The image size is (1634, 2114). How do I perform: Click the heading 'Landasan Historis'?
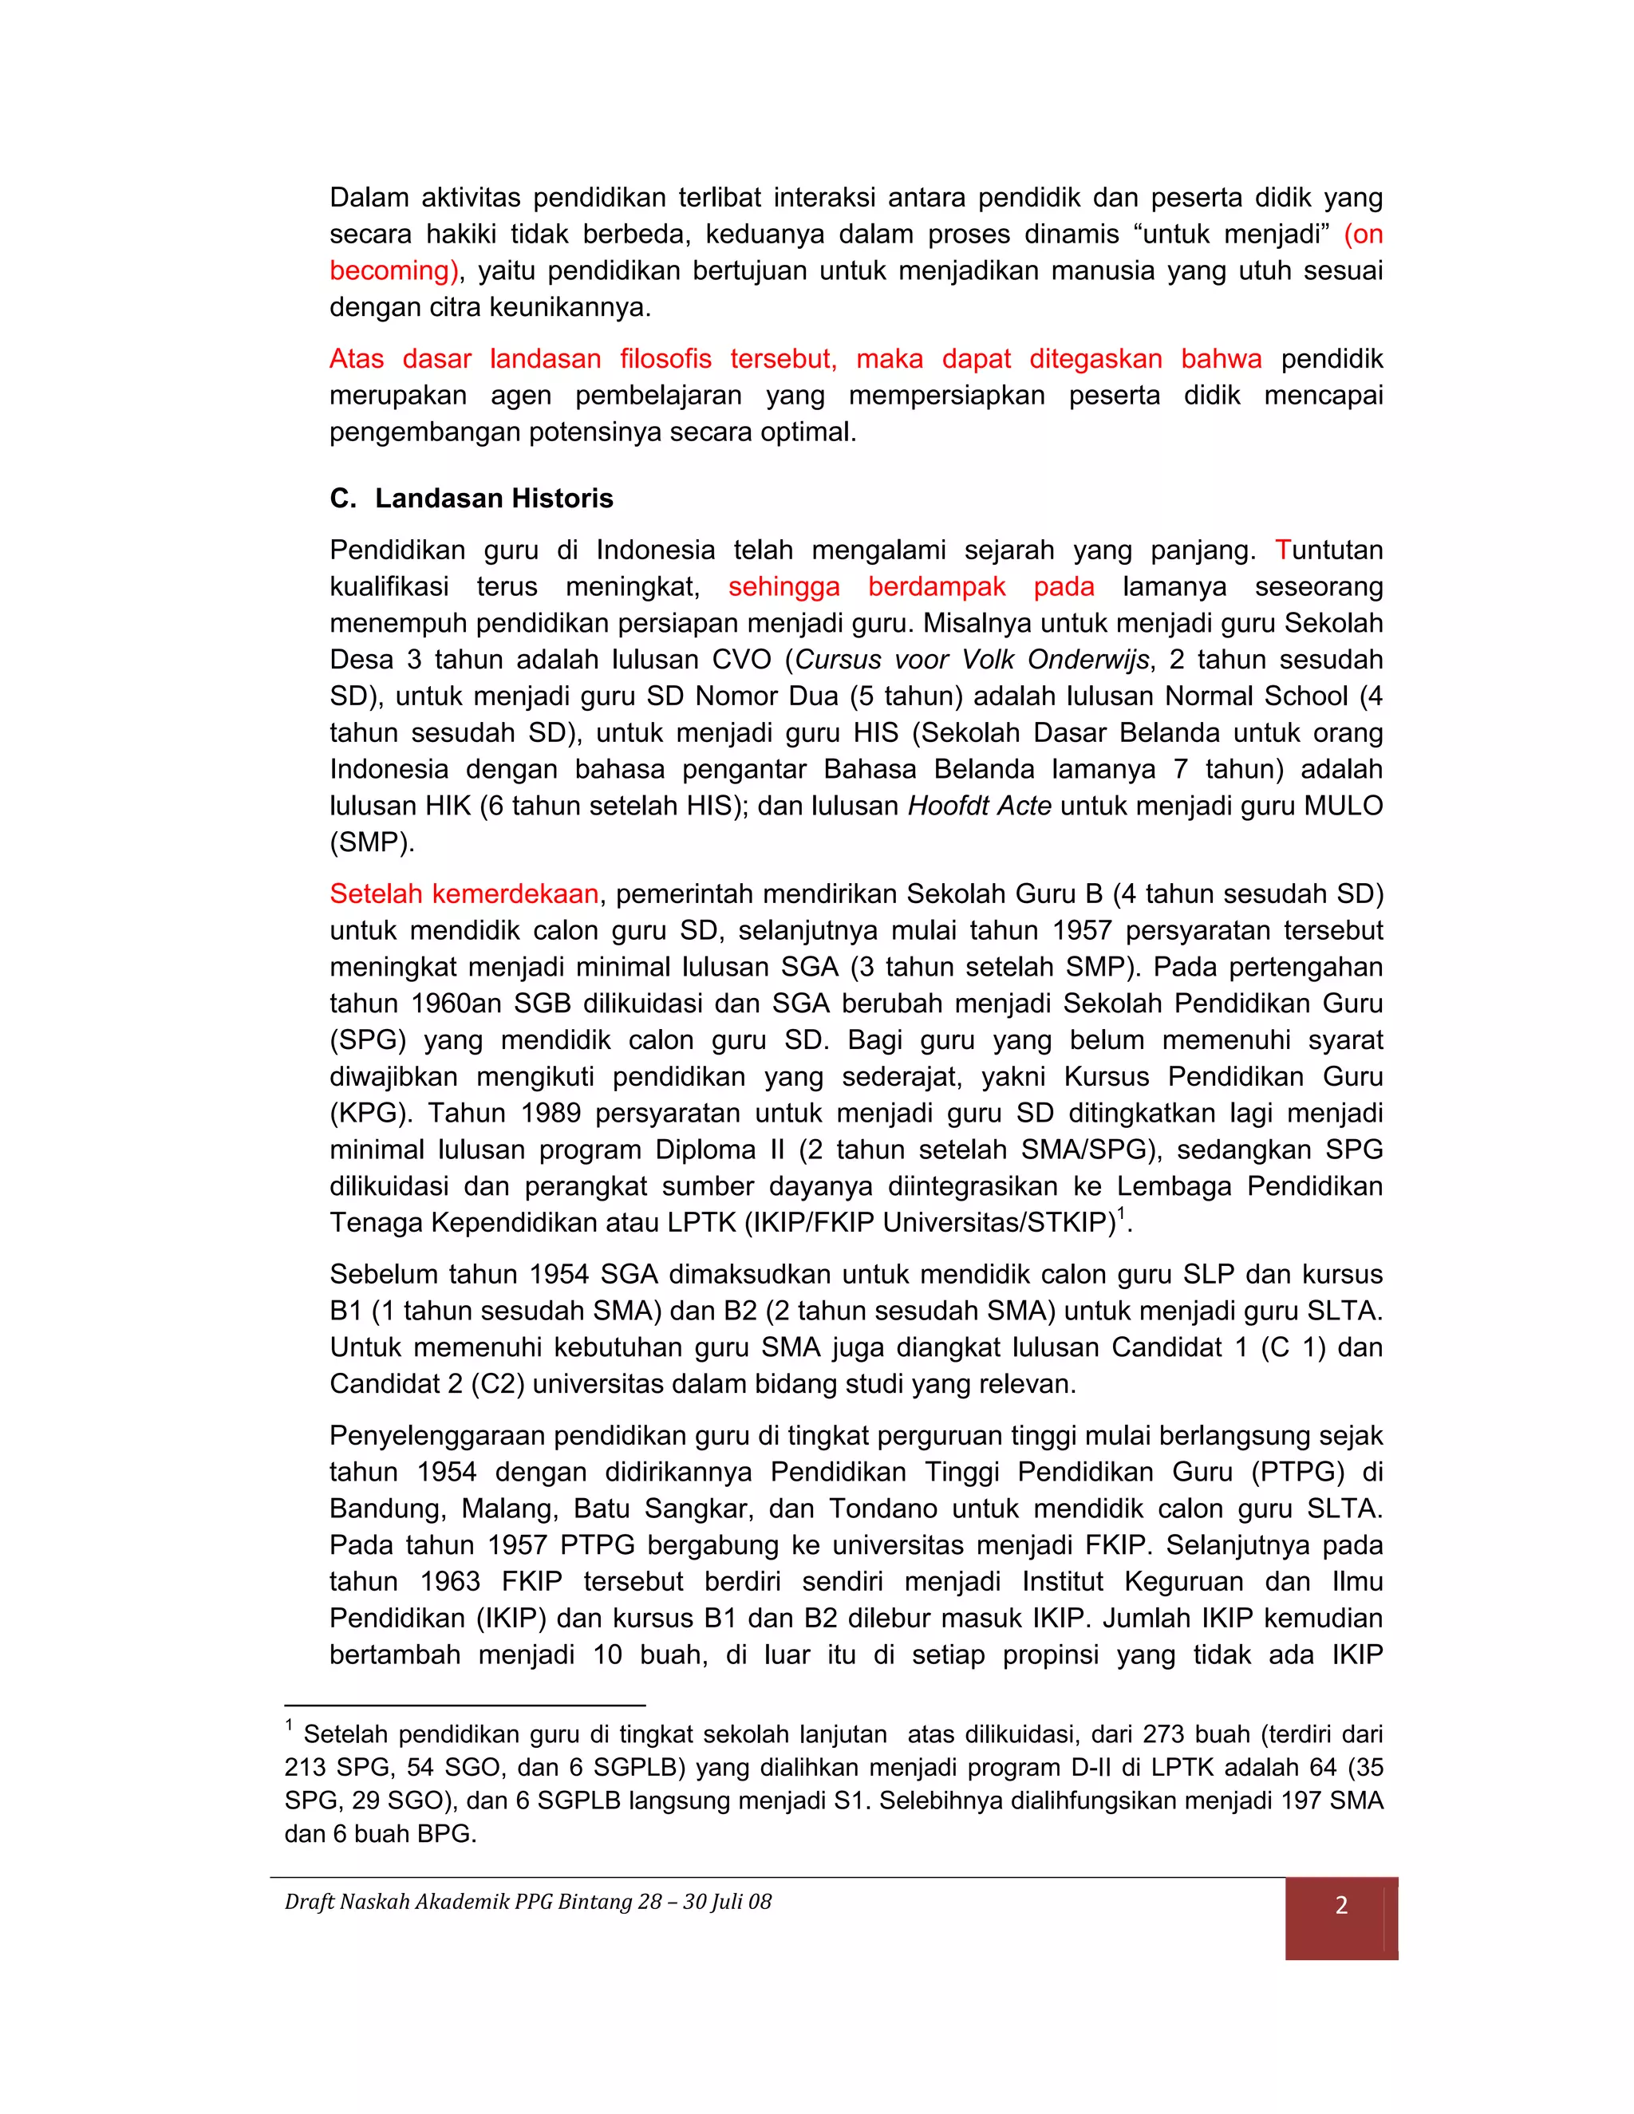click(x=494, y=499)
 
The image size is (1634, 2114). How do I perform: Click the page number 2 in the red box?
click(x=1340, y=1905)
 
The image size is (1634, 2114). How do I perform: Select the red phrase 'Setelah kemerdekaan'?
click(x=464, y=893)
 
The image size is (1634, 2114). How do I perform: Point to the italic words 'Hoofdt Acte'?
click(x=979, y=807)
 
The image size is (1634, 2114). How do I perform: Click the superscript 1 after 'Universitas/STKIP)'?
click(x=1121, y=1214)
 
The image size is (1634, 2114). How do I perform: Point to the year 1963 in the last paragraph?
click(x=449, y=1582)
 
